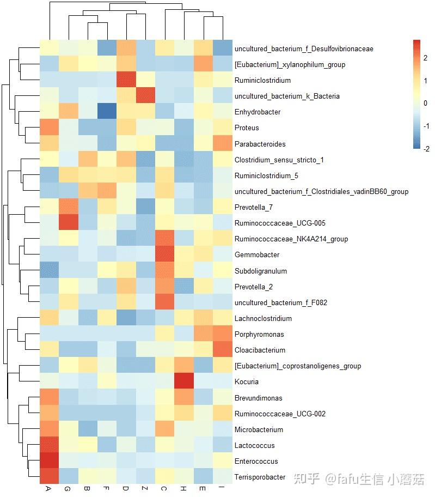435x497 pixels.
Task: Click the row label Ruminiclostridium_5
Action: pos(259,176)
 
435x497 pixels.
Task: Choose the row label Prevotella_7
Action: pos(253,208)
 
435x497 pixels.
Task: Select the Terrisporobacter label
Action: pos(260,477)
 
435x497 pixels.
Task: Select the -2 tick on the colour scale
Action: pos(426,149)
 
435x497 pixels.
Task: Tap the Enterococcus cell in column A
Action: pos(48,461)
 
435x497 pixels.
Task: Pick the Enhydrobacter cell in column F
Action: pos(107,112)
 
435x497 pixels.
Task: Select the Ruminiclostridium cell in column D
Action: pos(126,81)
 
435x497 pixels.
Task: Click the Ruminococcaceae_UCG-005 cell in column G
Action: pos(68,223)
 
